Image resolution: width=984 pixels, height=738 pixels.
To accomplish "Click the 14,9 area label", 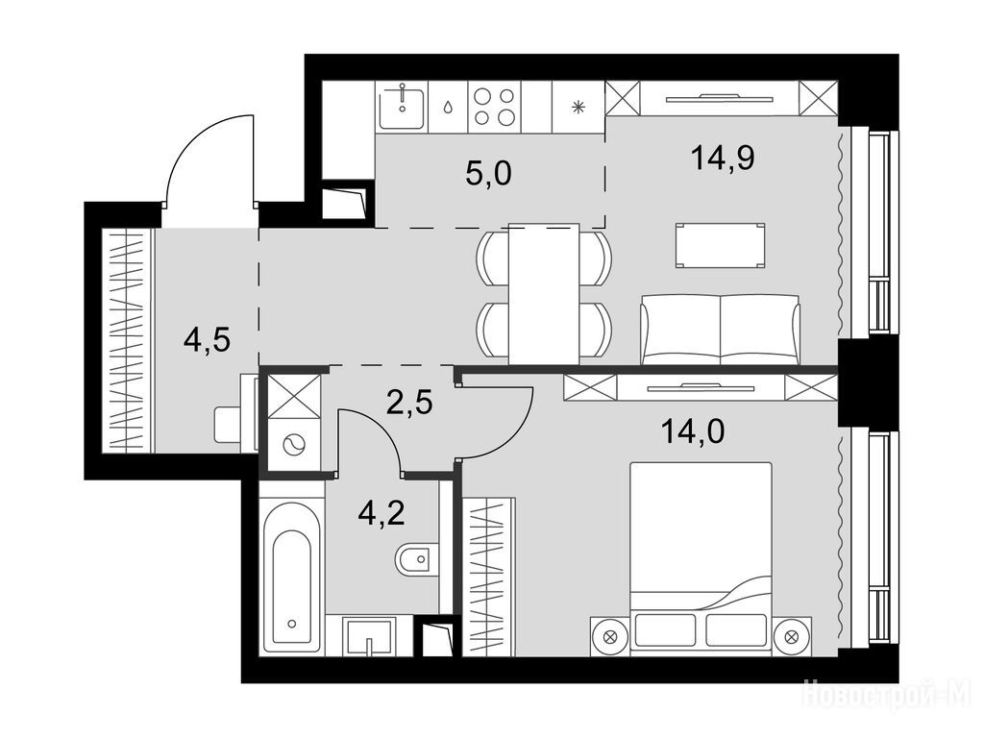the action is point(723,158).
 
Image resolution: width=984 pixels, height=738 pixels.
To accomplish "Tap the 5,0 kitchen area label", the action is point(489,173).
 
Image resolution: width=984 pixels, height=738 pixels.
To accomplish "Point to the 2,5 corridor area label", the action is point(409,402).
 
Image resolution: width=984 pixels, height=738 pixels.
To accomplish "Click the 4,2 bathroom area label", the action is point(381,513).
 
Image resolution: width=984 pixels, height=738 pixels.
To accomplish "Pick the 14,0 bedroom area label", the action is point(694,431).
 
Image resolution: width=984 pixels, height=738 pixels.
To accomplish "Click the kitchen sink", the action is point(402,107).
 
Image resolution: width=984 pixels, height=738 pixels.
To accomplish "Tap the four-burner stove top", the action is point(495,107).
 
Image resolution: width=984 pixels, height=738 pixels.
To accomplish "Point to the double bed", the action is point(701,558).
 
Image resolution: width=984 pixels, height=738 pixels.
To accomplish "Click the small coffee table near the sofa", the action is point(721,245).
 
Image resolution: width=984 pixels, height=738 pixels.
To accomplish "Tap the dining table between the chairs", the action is point(544,293).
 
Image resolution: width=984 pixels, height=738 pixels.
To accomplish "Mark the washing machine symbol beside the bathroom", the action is point(293,446).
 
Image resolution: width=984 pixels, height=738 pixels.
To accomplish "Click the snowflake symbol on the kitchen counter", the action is point(578,107).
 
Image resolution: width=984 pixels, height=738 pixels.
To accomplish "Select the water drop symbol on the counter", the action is point(448,108).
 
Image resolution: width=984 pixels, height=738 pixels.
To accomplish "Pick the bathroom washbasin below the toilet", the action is point(370,636).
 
